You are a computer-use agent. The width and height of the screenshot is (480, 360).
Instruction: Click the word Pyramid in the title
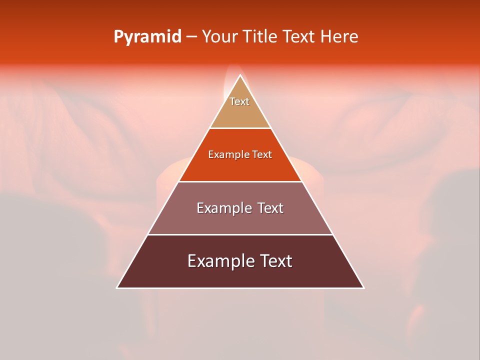pos(147,37)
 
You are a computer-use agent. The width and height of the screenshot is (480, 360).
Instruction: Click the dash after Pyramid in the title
pos(191,37)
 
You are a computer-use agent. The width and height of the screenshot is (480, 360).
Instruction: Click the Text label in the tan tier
pos(239,101)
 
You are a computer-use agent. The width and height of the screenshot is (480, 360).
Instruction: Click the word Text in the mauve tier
pos(270,208)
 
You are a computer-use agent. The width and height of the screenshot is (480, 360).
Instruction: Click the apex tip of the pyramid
pos(240,75)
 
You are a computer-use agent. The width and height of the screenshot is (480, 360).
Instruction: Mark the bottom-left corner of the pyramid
pos(117,288)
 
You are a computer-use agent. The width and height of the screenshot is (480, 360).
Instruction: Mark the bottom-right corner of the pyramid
pos(363,288)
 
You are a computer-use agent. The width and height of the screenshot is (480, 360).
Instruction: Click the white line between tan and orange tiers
pos(240,128)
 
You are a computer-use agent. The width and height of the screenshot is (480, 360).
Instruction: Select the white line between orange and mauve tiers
pos(240,181)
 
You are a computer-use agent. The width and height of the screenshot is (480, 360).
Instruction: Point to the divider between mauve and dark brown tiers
pos(240,234)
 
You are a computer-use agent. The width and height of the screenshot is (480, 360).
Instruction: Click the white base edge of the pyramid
pos(240,288)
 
